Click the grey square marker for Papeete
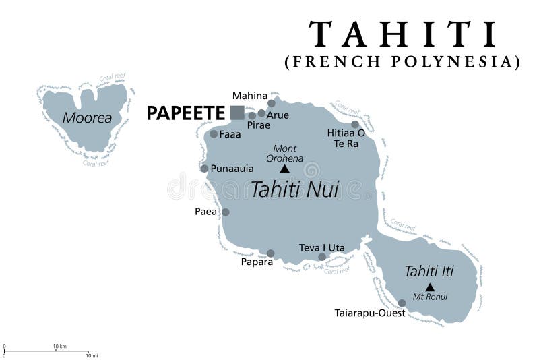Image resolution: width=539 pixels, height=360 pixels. click(x=237, y=113)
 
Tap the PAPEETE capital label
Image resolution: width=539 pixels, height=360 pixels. click(x=185, y=113)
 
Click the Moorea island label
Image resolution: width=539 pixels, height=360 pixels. click(x=87, y=118)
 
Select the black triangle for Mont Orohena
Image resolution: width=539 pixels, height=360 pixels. click(x=284, y=169)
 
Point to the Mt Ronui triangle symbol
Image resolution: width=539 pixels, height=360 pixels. click(x=430, y=287)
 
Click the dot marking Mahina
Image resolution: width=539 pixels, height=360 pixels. click(x=272, y=104)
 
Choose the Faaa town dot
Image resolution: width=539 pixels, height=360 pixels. click(x=214, y=133)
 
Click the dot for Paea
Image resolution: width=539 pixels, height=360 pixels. click(x=226, y=212)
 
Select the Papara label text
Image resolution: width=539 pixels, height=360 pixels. click(x=257, y=262)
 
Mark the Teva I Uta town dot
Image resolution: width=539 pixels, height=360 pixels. click(x=322, y=256)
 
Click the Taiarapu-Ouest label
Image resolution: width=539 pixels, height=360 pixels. click(x=370, y=313)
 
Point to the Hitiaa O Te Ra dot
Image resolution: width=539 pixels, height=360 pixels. click(x=355, y=124)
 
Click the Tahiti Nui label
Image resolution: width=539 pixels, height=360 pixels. click(x=294, y=189)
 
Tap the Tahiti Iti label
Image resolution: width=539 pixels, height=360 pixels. click(x=429, y=271)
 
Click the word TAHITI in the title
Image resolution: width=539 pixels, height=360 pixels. click(x=403, y=34)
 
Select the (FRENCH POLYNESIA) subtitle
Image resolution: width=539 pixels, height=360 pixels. click(x=403, y=62)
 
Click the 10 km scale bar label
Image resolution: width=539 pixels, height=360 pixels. click(x=59, y=347)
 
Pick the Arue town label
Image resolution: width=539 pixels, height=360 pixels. click(x=278, y=115)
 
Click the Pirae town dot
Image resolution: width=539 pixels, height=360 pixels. click(x=252, y=115)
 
